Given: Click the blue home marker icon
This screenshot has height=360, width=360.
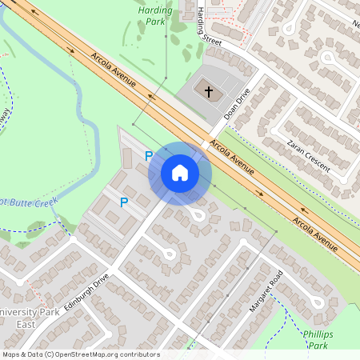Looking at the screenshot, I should (x=180, y=172).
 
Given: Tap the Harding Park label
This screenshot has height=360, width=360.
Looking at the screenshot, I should (x=154, y=17).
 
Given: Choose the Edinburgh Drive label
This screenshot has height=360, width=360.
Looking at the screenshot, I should (x=86, y=293).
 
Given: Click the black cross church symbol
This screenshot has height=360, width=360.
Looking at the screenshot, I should (x=209, y=91).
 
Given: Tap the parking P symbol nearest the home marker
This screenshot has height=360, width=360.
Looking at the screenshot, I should (x=148, y=156).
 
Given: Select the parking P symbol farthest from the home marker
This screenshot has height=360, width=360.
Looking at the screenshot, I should (x=123, y=202).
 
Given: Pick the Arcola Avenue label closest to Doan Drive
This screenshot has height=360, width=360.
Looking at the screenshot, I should (x=232, y=158).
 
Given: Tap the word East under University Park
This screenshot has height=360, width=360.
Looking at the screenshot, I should (x=27, y=324).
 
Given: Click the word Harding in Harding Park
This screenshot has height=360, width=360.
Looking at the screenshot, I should (x=154, y=10).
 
